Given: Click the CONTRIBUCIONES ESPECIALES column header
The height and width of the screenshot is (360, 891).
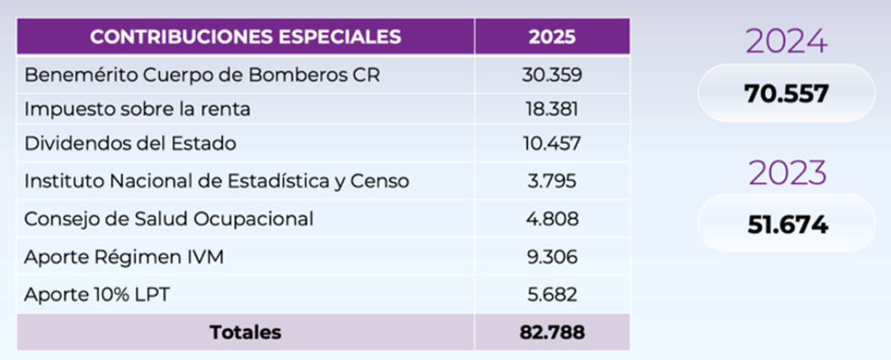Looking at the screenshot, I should (245, 37).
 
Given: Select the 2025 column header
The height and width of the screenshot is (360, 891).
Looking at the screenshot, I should (551, 37).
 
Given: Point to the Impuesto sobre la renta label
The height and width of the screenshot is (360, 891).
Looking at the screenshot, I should (137, 109).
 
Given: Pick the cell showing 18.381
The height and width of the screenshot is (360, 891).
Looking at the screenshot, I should (551, 109).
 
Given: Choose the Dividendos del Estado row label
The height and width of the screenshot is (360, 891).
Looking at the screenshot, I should (130, 144).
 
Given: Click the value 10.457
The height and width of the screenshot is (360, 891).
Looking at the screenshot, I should (551, 144).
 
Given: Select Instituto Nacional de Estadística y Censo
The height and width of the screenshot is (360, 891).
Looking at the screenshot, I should (216, 181).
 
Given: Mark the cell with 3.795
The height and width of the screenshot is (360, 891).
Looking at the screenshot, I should (551, 181).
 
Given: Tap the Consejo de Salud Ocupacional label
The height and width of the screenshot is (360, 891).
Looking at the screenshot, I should (169, 219).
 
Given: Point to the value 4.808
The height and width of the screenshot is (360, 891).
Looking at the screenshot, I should (551, 219).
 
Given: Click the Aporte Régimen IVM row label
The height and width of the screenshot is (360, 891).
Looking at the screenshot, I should (124, 256).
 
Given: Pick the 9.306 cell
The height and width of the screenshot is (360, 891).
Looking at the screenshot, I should (551, 256).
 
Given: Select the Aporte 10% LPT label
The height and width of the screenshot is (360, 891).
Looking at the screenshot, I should (97, 295).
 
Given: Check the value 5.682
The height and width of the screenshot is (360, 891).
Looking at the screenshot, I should (551, 295).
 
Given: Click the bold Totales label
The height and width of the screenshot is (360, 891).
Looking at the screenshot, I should (245, 333).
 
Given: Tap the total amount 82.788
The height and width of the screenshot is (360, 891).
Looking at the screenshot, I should (551, 333).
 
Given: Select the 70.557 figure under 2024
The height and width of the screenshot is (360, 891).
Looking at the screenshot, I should (786, 94).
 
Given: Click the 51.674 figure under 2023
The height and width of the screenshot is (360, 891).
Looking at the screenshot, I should (786, 224).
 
